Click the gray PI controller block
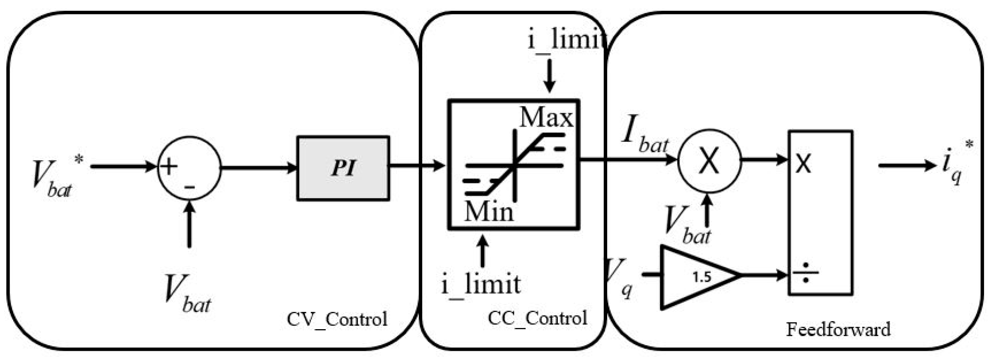(x=343, y=168)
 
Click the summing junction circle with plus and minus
(x=189, y=168)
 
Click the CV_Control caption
(x=337, y=319)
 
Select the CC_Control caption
(x=537, y=318)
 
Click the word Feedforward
(x=838, y=330)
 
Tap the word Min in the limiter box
(x=488, y=212)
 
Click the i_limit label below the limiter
(x=481, y=285)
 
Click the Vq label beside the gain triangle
(x=619, y=277)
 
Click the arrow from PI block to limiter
(x=417, y=165)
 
